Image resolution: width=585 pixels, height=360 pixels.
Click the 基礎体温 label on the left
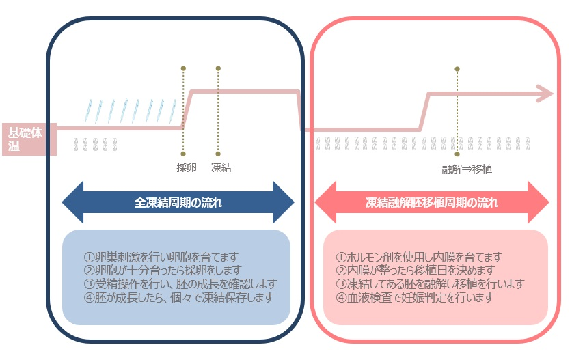click(x=25, y=139)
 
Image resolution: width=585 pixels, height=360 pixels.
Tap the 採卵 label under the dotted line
click(x=186, y=167)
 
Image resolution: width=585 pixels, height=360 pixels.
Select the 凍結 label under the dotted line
click(x=221, y=167)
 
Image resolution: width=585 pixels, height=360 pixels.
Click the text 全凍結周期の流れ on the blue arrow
click(x=178, y=203)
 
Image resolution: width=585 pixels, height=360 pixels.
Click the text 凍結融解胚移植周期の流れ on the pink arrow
click(x=431, y=203)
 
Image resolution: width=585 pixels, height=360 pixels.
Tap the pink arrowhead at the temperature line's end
click(x=544, y=94)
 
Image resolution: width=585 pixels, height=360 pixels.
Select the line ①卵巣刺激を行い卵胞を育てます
click(x=161, y=258)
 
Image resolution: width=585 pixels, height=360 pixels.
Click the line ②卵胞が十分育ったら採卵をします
click(x=162, y=271)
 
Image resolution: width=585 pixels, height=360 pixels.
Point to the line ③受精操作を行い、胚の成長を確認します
click(x=180, y=283)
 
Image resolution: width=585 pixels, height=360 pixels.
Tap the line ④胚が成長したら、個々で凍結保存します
click(x=178, y=297)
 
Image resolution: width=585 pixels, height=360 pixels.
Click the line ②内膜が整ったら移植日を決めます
click(x=418, y=271)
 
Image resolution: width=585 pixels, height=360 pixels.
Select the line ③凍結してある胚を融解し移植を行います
click(x=431, y=283)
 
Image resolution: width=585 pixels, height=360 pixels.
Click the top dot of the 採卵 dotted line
click(x=183, y=68)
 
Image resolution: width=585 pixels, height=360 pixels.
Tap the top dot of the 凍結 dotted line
click(x=218, y=68)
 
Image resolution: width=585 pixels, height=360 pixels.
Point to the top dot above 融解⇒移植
click(x=457, y=68)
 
